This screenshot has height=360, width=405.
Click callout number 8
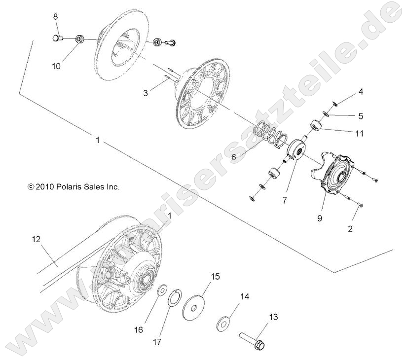[x=56, y=17]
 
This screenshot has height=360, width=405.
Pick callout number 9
[x=320, y=217]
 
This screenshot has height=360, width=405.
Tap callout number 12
[x=36, y=239]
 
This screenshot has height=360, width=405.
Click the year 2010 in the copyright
[x=44, y=187]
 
